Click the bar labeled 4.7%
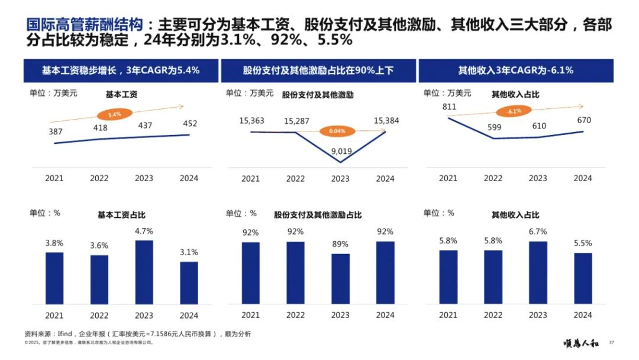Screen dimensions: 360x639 click(x=144, y=272)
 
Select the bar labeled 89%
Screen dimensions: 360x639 click(x=340, y=278)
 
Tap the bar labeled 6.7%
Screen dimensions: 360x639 click(x=538, y=272)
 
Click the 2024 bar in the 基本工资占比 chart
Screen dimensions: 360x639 click(x=189, y=282)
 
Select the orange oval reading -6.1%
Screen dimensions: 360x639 click(x=513, y=111)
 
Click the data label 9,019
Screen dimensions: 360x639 click(x=341, y=151)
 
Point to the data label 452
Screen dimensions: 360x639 click(x=189, y=124)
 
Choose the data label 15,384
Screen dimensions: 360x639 click(x=386, y=121)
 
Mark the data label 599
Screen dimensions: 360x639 click(x=493, y=126)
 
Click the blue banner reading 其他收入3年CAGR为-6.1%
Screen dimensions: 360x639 click(x=516, y=70)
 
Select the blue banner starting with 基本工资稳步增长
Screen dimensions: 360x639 click(x=120, y=70)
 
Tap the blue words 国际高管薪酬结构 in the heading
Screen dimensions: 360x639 click(x=85, y=25)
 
